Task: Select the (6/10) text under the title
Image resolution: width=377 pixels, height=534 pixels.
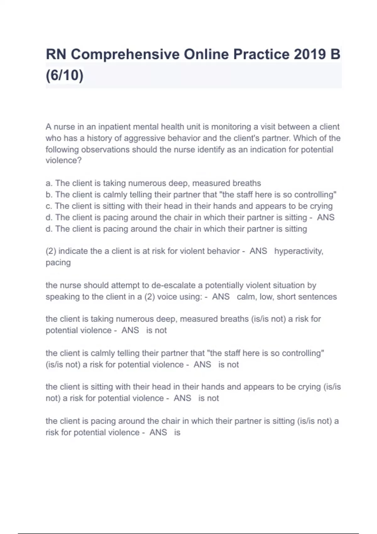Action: (x=65, y=75)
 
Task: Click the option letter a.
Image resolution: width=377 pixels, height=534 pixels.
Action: (x=48, y=183)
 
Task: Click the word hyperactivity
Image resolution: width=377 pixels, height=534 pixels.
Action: (x=298, y=251)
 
